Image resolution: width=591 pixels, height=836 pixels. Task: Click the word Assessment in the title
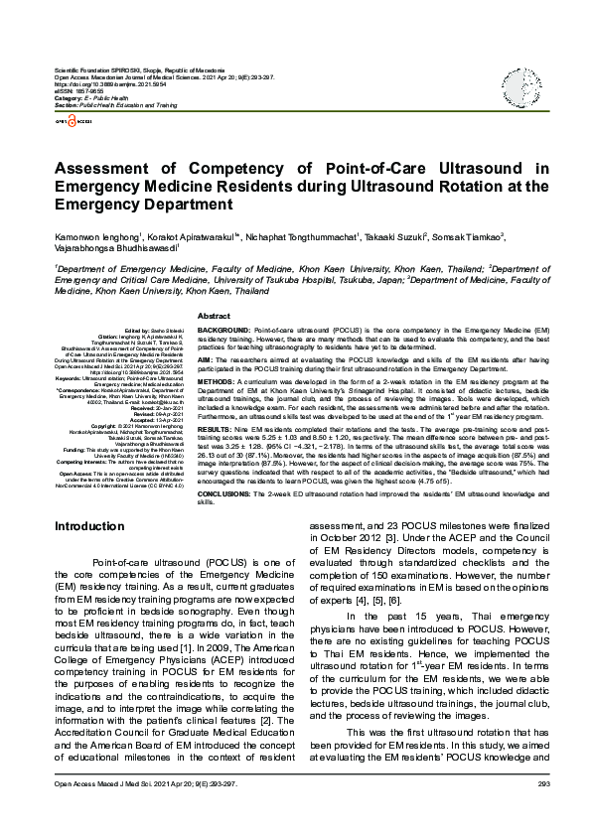pyautogui.click(x=112, y=170)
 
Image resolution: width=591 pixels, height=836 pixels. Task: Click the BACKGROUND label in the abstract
pyautogui.click(x=223, y=328)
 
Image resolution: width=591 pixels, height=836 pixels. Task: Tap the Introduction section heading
pyautogui.click(x=89, y=525)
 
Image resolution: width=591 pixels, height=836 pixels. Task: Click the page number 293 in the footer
pyautogui.click(x=542, y=811)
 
